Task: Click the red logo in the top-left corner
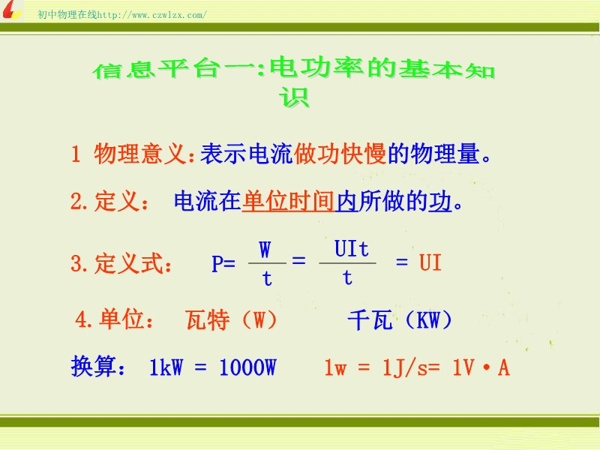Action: coord(11,10)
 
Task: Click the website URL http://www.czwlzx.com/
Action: coord(152,15)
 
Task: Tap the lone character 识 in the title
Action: coord(294,97)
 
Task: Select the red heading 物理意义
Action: coord(140,154)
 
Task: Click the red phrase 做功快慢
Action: coord(340,154)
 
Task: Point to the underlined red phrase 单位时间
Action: coord(288,201)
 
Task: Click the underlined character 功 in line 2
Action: coord(440,201)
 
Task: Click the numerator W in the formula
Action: coord(265,250)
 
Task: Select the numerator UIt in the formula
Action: coord(351,249)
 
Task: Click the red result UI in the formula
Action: coord(430,263)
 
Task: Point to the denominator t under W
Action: coord(267,278)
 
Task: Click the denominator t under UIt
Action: coord(347,277)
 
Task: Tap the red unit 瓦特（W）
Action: coord(232,320)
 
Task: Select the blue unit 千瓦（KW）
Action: coord(400,320)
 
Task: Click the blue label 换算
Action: coord(94,367)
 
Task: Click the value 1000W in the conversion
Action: coord(247,367)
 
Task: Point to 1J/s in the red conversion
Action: coord(405,367)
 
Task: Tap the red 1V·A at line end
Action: coord(481,367)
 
